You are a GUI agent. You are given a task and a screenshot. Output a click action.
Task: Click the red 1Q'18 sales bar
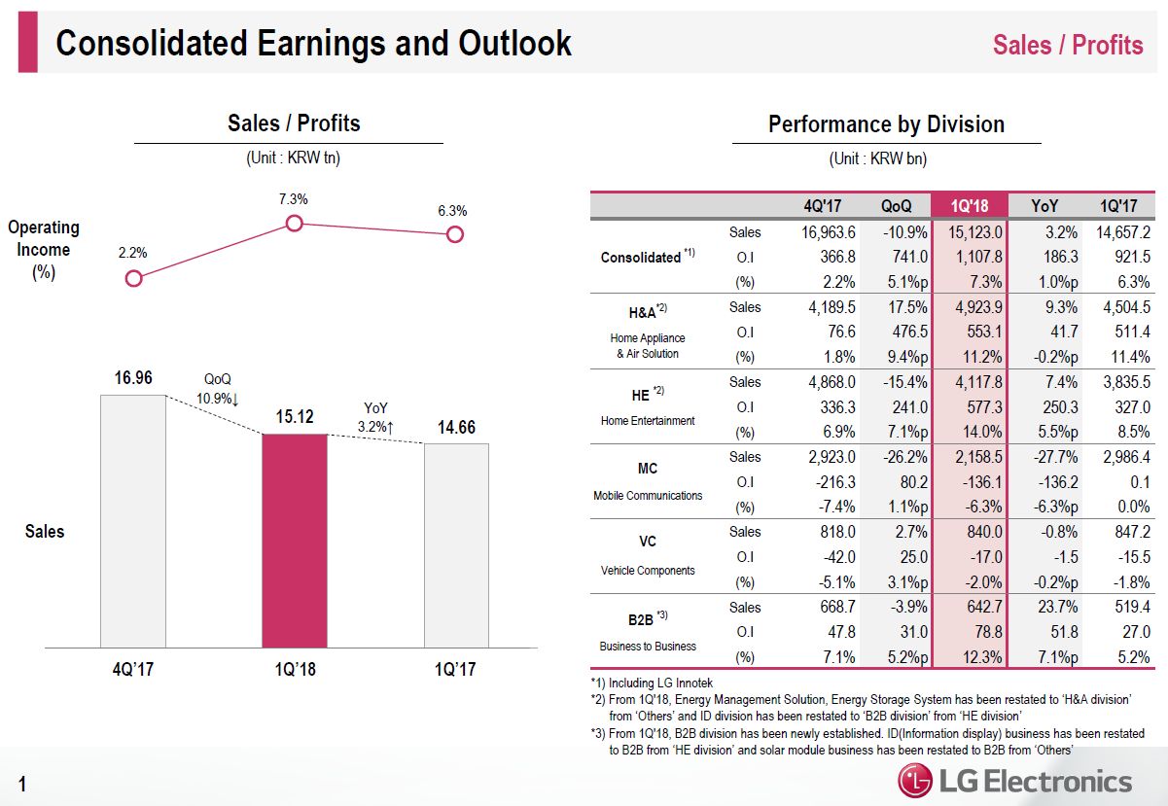(x=295, y=540)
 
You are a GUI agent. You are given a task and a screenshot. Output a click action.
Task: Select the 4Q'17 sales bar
(x=133, y=520)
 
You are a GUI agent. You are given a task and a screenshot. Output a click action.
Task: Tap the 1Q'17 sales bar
(x=456, y=544)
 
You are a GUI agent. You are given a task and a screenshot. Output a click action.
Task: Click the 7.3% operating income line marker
(x=295, y=224)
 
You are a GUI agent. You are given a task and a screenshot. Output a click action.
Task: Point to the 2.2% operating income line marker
(x=134, y=278)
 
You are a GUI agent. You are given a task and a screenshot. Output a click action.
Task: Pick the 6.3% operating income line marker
(x=454, y=234)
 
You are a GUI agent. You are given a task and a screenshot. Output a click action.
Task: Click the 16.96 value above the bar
(x=133, y=377)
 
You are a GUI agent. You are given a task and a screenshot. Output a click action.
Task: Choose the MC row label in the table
(x=648, y=469)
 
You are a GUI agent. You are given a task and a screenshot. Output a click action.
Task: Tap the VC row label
(x=648, y=542)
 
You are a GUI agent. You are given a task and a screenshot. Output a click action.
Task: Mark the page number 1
(x=22, y=784)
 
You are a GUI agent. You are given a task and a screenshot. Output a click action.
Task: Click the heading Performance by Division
(x=886, y=124)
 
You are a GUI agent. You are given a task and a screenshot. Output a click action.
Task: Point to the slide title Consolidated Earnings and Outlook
(x=314, y=44)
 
